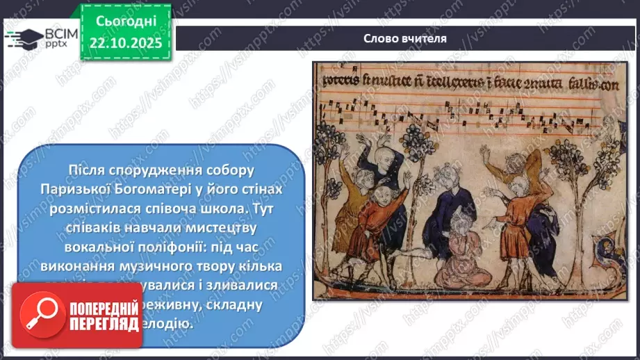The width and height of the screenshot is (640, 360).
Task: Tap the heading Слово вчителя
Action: [x=404, y=38]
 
